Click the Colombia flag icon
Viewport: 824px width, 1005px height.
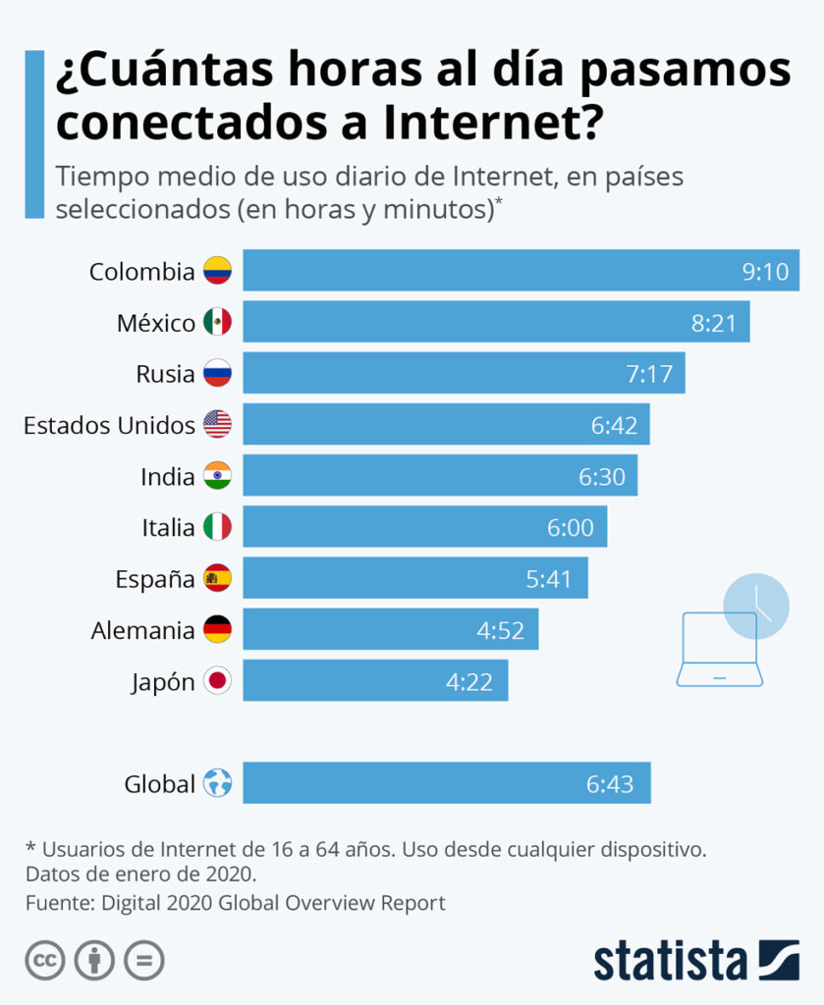tap(217, 271)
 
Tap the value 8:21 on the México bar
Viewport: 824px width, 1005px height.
tap(714, 323)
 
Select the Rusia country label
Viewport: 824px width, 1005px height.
tap(165, 374)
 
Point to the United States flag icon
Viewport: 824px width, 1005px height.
tap(217, 425)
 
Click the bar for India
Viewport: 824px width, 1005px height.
tap(440, 476)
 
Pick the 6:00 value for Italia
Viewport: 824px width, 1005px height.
tap(571, 528)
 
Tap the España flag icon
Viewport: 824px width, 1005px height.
tap(217, 579)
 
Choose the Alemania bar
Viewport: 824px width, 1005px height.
tap(390, 630)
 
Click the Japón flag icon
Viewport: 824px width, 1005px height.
tap(217, 681)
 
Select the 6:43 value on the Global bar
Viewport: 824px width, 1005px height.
tap(610, 784)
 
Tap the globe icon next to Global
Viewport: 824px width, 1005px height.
tap(217, 784)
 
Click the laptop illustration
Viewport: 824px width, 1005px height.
tap(719, 652)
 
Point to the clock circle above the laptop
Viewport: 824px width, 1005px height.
tap(756, 606)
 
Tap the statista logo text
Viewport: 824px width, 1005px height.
tap(669, 959)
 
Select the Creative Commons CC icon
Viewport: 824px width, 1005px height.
tap(45, 960)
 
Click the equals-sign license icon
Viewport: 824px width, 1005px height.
tap(143, 960)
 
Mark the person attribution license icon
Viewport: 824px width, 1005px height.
tap(94, 960)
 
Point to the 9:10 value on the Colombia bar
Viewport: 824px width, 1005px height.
tap(765, 272)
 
